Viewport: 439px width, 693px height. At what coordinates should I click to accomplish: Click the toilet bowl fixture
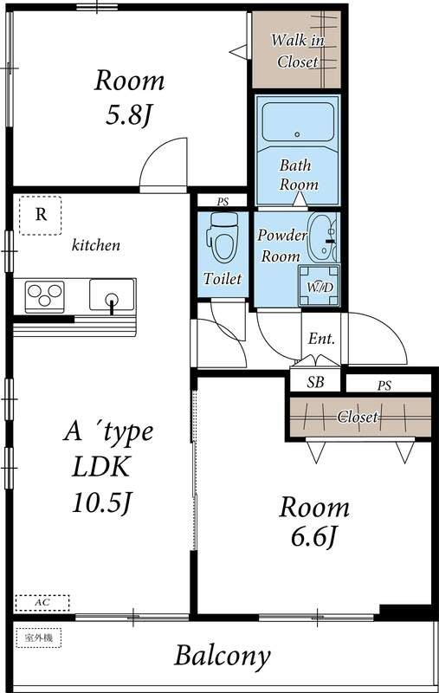223,236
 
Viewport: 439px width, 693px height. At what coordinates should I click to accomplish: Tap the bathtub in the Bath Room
297,121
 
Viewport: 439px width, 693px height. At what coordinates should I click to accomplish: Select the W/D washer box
320,286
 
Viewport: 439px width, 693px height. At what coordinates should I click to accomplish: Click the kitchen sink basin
113,295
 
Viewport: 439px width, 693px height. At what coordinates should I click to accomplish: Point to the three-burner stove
44,295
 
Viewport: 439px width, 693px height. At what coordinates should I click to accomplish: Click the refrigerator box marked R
40,215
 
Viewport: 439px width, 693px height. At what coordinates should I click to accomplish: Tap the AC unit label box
42,603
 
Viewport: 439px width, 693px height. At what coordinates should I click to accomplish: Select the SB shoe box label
315,382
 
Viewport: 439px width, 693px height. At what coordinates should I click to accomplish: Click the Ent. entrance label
321,339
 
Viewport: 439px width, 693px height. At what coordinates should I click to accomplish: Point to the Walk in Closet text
297,50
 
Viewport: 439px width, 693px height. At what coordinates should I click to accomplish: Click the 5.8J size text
129,116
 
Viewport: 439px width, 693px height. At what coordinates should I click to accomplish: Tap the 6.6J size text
314,536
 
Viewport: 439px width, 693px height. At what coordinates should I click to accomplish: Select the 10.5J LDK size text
102,502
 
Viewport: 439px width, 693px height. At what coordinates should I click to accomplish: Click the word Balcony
223,656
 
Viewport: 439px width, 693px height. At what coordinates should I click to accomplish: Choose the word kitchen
96,245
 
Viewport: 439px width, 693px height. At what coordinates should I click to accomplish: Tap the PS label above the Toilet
223,202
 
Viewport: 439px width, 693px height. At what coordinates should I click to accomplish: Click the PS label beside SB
384,385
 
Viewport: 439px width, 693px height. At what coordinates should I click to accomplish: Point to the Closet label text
358,417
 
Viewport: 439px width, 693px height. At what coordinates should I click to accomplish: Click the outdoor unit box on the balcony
38,638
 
